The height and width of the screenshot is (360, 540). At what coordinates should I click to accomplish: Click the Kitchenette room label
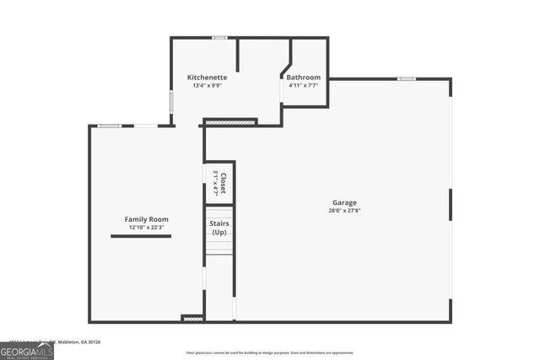(207, 77)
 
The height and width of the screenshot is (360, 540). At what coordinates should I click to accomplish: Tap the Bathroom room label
(303, 77)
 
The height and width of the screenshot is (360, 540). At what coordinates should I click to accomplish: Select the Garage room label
(343, 202)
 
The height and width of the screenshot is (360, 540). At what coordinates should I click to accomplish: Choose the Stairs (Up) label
(219, 228)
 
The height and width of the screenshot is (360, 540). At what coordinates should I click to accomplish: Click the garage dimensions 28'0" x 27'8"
(343, 211)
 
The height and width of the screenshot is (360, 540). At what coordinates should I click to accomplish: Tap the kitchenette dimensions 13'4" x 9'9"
(207, 85)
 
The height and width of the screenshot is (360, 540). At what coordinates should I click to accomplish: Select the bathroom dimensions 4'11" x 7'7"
(303, 85)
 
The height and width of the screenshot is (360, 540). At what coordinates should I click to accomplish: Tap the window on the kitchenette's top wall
(219, 37)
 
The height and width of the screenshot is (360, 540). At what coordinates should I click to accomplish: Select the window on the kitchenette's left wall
(171, 100)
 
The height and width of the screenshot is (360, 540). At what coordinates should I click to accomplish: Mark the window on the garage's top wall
(407, 79)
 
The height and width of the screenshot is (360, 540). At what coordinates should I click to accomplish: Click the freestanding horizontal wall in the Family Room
(140, 237)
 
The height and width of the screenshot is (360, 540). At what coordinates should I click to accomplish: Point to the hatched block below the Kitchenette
(230, 122)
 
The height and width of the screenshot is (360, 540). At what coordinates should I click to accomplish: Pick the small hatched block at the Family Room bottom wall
(192, 319)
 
